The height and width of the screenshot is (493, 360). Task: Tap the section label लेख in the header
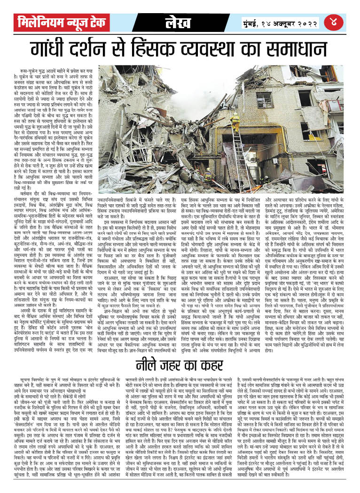coord(180,22)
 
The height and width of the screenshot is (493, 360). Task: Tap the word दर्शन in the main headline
coord(99,49)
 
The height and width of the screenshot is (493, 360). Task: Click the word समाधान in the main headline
coord(300,49)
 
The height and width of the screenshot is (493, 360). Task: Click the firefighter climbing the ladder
coord(235,123)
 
